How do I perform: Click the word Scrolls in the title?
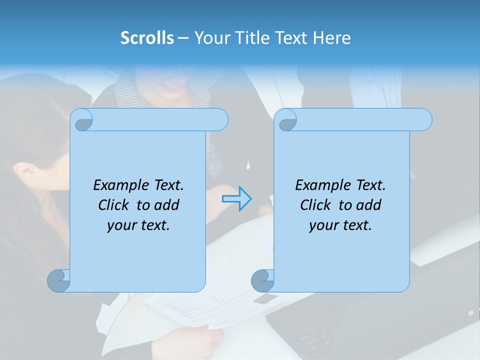(x=147, y=38)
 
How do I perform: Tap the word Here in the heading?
(x=331, y=38)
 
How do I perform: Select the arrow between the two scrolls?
(x=236, y=199)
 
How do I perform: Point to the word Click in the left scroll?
(x=114, y=205)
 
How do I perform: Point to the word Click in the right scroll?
(x=316, y=205)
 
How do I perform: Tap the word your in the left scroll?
(x=120, y=225)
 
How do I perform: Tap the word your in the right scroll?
(x=322, y=225)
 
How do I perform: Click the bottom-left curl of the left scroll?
(x=58, y=280)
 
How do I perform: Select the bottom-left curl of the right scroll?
(x=262, y=280)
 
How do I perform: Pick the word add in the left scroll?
(x=166, y=205)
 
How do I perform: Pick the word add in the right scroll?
(x=368, y=205)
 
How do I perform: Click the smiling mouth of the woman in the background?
(x=172, y=88)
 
